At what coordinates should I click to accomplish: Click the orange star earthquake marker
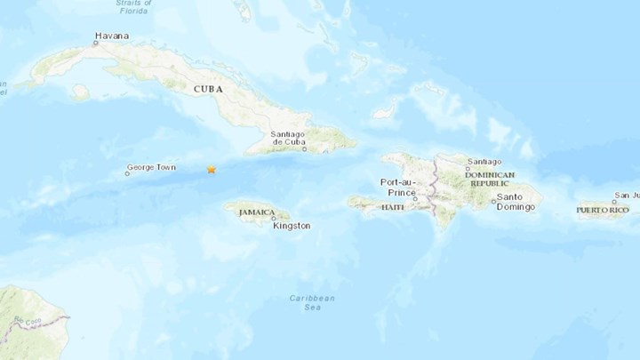click(212, 169)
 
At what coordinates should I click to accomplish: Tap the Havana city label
click(112, 36)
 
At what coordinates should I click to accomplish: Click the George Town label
click(151, 166)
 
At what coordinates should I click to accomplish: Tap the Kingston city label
click(292, 226)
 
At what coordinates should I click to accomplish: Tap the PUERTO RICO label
click(603, 211)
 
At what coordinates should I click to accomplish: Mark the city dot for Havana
click(94, 43)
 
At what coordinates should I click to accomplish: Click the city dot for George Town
click(126, 173)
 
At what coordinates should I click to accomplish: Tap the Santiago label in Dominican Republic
click(483, 160)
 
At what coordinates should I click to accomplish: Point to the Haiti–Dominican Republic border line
click(433, 191)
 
